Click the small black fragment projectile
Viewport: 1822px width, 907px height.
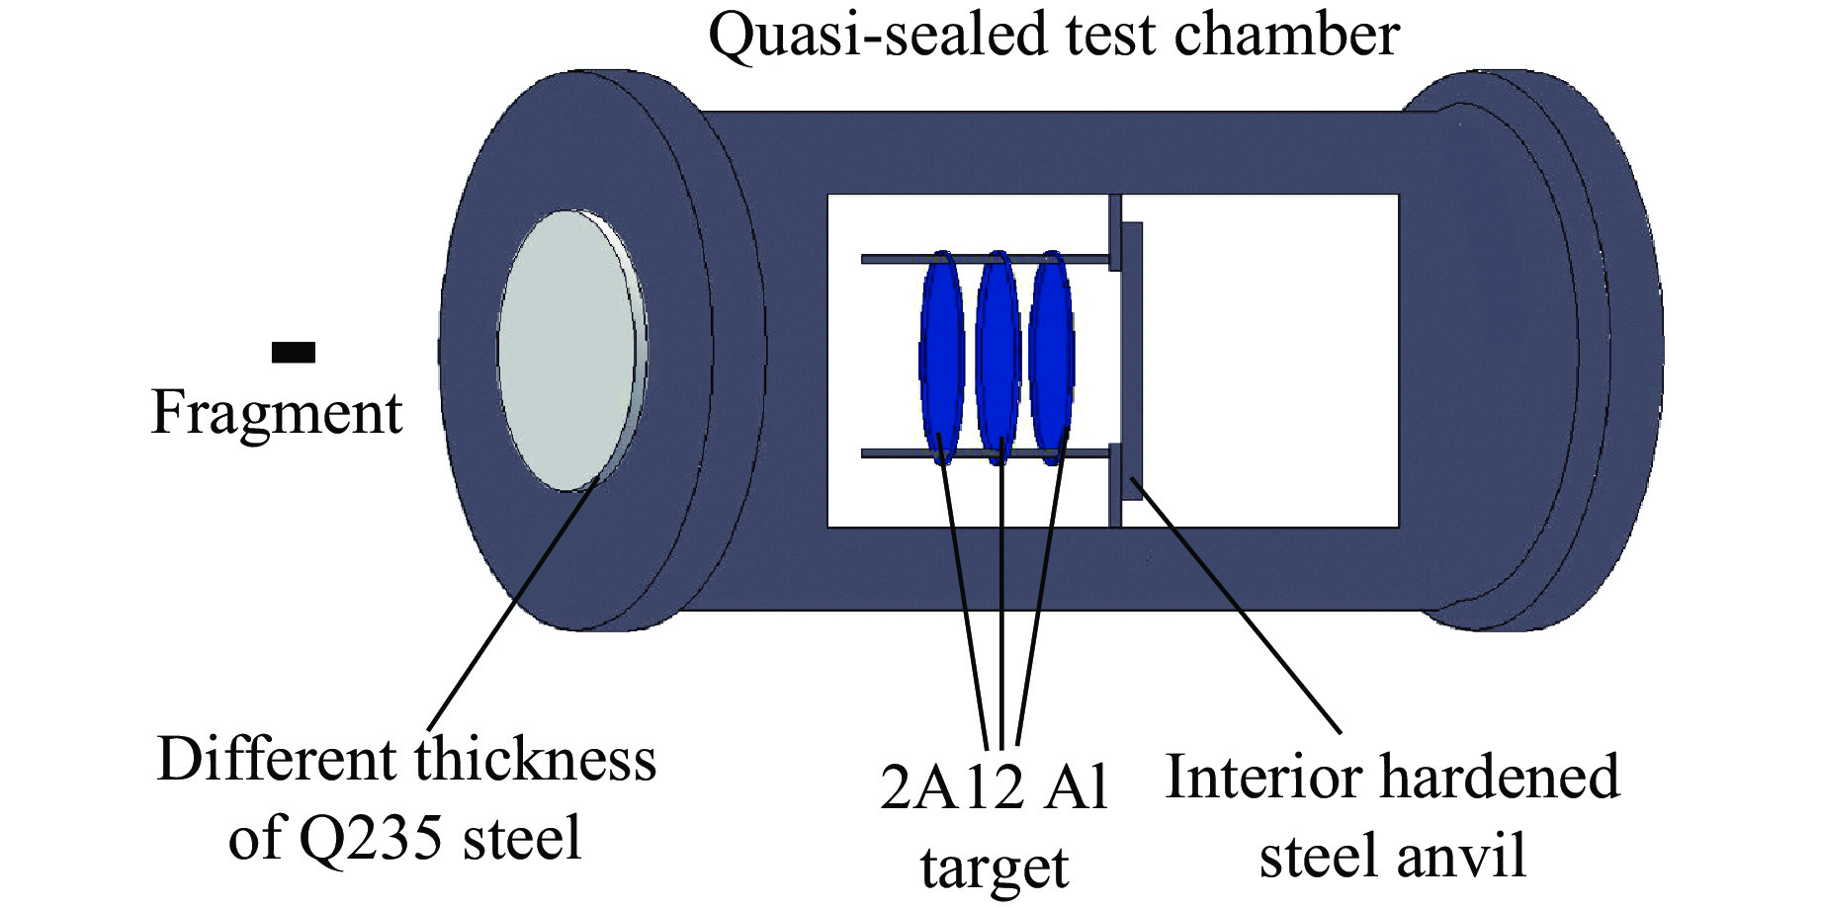point(294,352)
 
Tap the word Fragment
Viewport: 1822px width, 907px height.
point(277,413)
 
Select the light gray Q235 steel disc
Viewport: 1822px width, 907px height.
point(568,351)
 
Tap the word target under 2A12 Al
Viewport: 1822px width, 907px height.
point(994,867)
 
